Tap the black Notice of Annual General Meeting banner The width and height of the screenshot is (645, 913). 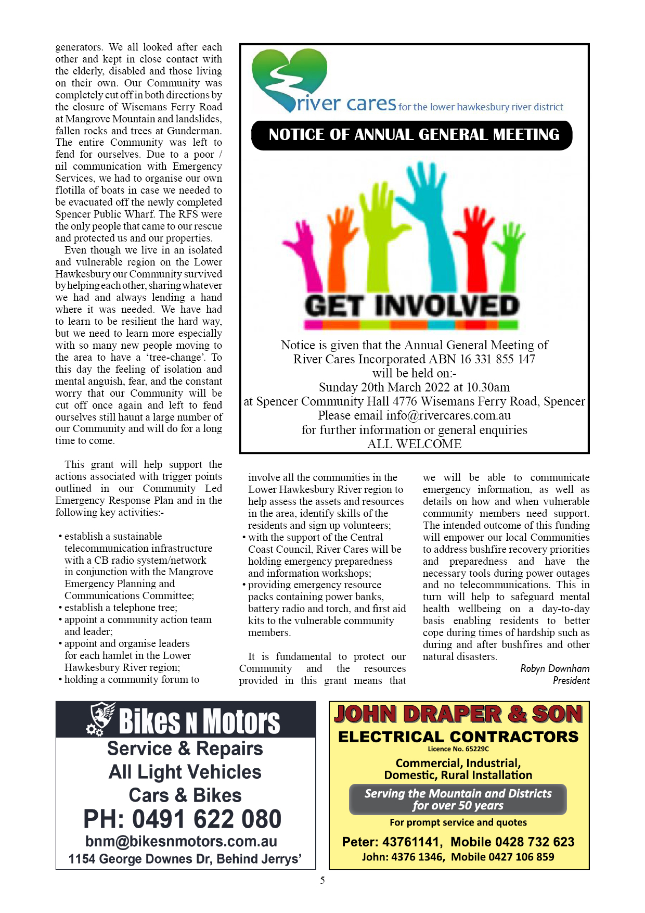(412, 135)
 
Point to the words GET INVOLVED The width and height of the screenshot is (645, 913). (412, 306)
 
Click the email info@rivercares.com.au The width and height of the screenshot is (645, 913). (448, 416)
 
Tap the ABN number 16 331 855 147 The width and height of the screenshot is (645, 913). (497, 359)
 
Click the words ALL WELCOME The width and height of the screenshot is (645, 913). (414, 444)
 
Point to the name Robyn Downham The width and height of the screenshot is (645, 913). (554, 669)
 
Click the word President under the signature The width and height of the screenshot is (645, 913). (571, 681)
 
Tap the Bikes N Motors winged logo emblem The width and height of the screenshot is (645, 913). (101, 718)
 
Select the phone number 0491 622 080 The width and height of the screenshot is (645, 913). (207, 819)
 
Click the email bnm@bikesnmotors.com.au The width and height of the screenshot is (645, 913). (181, 842)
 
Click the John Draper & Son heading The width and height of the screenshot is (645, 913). (458, 714)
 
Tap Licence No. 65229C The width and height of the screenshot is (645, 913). (458, 749)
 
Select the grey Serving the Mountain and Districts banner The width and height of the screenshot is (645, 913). (458, 800)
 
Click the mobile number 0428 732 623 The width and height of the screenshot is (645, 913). (512, 842)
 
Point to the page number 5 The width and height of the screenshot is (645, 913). (322, 881)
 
